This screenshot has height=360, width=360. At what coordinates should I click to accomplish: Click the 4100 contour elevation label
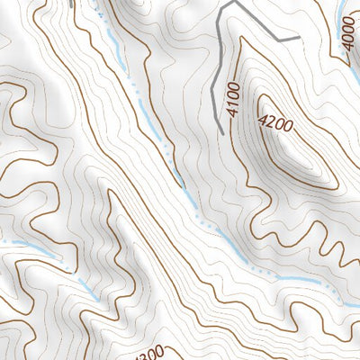point(234,101)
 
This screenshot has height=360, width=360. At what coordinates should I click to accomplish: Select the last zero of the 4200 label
point(287,128)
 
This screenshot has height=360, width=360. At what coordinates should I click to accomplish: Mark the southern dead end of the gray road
point(221,134)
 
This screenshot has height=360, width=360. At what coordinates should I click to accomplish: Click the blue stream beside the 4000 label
point(342,13)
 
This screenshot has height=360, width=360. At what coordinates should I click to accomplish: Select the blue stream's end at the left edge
point(2,241)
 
